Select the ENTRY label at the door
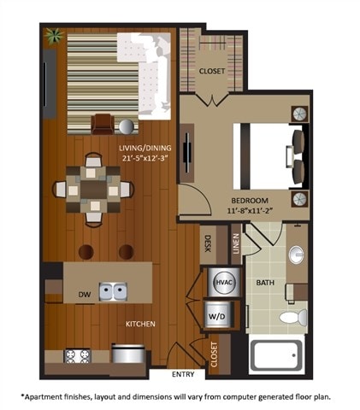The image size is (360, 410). [182, 374]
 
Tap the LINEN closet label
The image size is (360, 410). [235, 243]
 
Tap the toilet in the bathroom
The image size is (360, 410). [292, 318]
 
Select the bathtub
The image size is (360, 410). [275, 354]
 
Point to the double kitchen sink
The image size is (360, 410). [111, 291]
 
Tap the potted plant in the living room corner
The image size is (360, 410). [55, 37]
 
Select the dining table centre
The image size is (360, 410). [91, 189]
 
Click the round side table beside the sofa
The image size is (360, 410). [127, 126]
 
